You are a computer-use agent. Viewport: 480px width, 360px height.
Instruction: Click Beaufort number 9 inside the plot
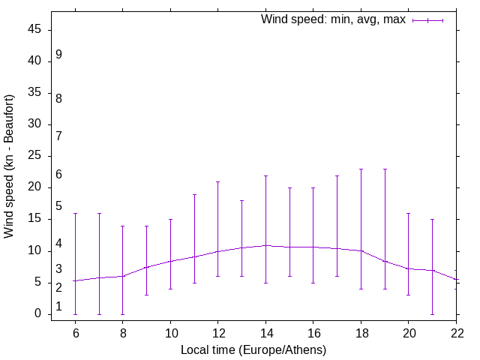pyautogui.click(x=58, y=55)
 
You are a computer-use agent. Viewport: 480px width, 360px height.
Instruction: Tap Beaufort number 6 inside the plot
pyautogui.click(x=58, y=175)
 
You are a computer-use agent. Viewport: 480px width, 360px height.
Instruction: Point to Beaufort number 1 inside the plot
pyautogui.click(x=58, y=307)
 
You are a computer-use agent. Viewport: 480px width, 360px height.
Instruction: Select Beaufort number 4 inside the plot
pyautogui.click(x=58, y=244)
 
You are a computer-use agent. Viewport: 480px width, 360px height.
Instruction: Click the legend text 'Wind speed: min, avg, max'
pyautogui.click(x=333, y=19)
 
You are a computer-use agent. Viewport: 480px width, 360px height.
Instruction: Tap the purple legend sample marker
pyautogui.click(x=427, y=20)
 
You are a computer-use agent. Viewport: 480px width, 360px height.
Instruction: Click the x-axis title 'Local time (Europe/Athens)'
pyautogui.click(x=253, y=349)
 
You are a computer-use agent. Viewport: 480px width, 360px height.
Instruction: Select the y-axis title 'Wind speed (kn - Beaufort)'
pyautogui.click(x=10, y=166)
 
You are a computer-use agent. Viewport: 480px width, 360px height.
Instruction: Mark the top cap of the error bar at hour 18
pyautogui.click(x=361, y=169)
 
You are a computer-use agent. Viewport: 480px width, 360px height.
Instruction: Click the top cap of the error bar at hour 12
pyautogui.click(x=218, y=181)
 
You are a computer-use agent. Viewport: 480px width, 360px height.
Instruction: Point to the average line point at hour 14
pyautogui.click(x=265, y=245)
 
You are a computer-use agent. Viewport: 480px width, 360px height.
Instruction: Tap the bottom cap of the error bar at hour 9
pyautogui.click(x=146, y=295)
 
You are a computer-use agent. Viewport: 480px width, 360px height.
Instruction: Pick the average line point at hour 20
pyautogui.click(x=409, y=268)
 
